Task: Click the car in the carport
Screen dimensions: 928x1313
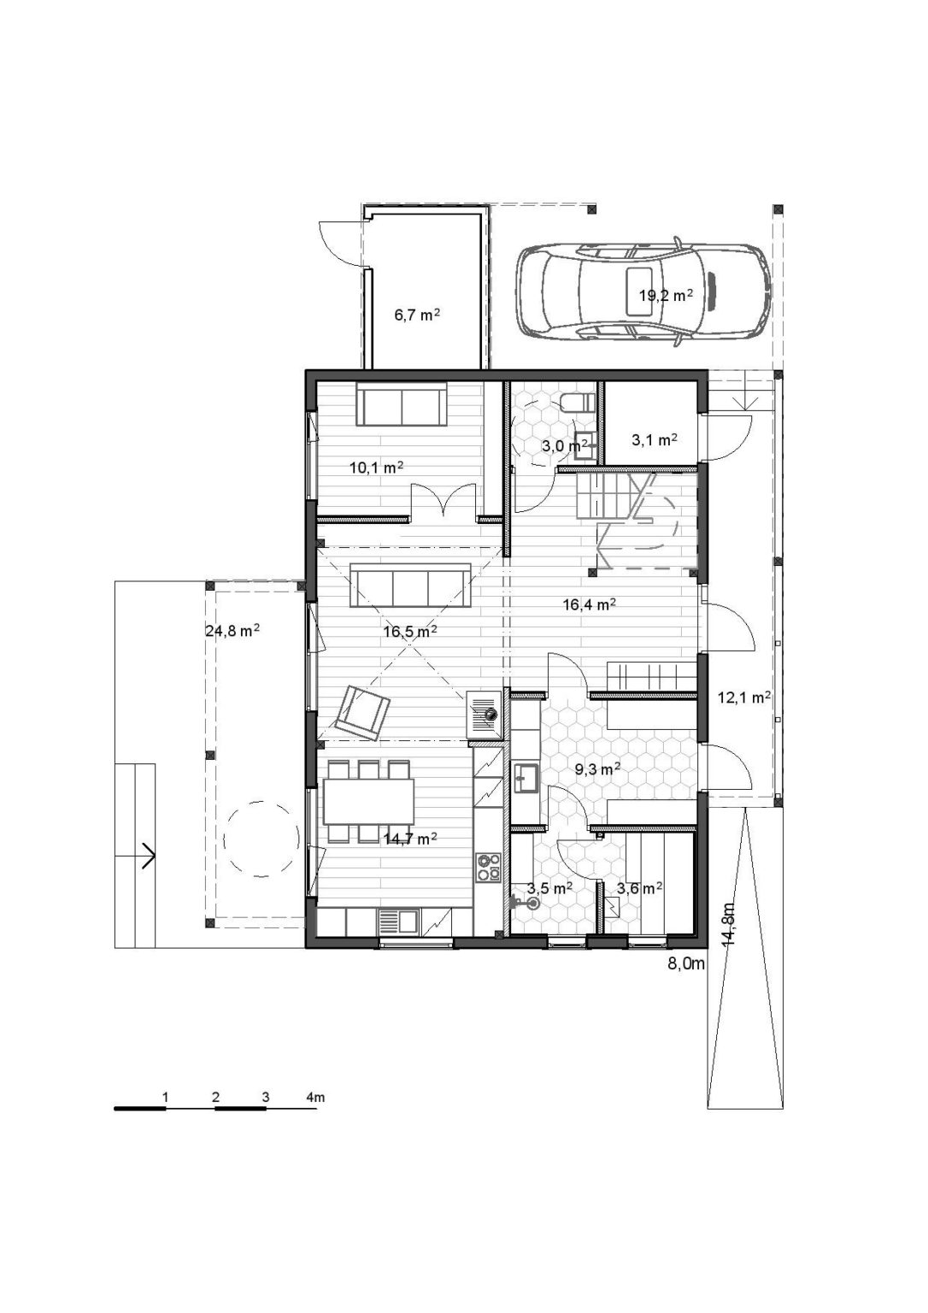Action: click(x=643, y=291)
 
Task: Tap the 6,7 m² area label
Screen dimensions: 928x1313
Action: click(x=416, y=315)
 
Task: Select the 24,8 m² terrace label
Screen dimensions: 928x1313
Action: click(x=232, y=631)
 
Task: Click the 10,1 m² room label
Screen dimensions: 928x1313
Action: click(x=376, y=468)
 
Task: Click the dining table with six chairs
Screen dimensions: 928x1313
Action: click(x=368, y=801)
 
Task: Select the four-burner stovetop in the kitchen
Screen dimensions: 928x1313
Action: click(x=489, y=867)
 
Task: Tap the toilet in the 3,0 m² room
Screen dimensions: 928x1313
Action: click(x=578, y=402)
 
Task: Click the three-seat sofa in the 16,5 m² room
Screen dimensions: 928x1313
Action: click(x=411, y=585)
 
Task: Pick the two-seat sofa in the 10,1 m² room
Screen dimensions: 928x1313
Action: click(x=402, y=403)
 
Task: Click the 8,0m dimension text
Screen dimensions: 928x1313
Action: click(x=686, y=980)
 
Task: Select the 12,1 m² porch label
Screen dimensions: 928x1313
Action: click(x=744, y=697)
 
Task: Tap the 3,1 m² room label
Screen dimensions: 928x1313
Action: click(x=655, y=439)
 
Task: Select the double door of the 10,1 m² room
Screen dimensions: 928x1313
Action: click(x=443, y=499)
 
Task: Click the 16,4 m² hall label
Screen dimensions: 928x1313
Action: click(x=590, y=604)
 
